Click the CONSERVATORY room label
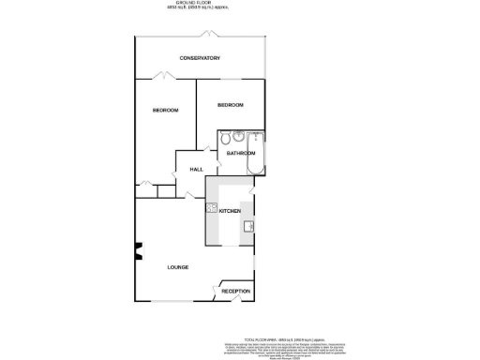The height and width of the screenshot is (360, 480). pos(200,58)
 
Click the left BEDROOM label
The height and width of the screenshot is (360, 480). pos(166,111)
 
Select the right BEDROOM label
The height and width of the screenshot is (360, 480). pos(231,105)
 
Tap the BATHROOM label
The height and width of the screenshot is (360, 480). pos(241,153)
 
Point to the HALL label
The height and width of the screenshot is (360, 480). pos(197,169)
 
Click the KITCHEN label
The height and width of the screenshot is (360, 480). pos(231,212)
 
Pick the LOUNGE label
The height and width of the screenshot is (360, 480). pos(178,267)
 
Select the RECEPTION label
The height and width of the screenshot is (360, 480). pos(236,292)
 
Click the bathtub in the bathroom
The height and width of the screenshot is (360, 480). pos(256,154)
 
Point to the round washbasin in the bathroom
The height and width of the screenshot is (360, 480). pos(239,136)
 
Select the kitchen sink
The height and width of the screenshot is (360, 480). pos(250,226)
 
